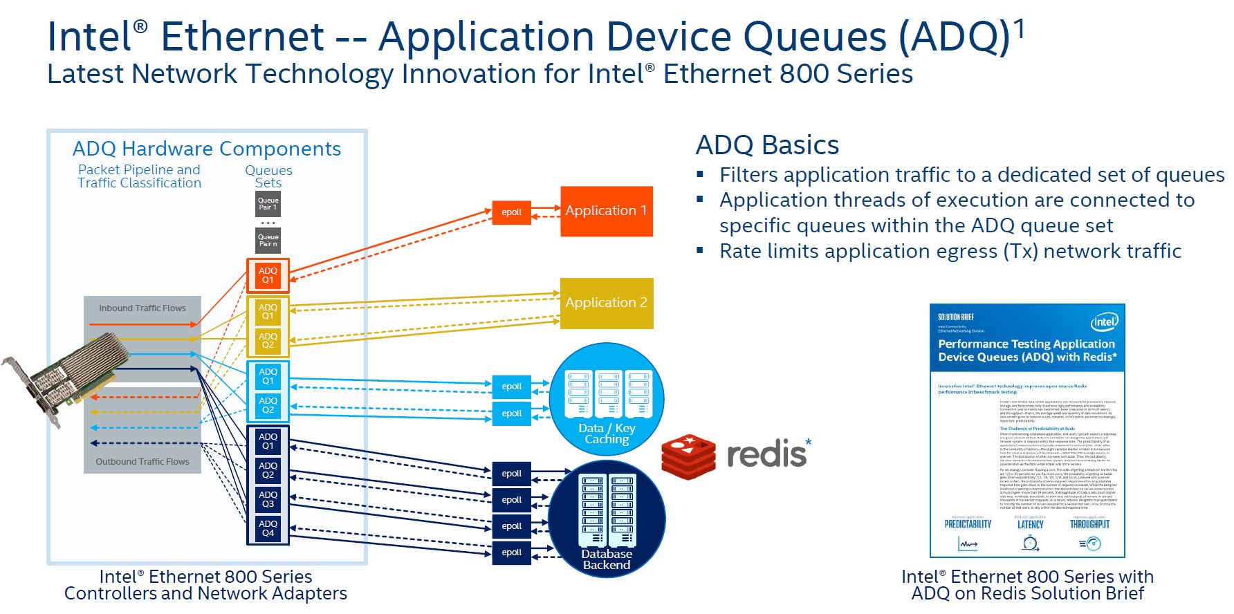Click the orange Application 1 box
(x=606, y=211)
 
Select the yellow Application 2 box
(x=606, y=303)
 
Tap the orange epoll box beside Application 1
(x=511, y=212)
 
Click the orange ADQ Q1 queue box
(x=268, y=275)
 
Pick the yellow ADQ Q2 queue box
(x=268, y=340)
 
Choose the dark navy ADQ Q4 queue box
(x=268, y=528)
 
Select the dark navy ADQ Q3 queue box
(x=268, y=499)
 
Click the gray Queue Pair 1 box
(x=268, y=204)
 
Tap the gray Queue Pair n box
(x=268, y=241)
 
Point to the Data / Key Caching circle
(x=607, y=399)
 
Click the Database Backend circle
(x=607, y=519)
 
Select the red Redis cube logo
(x=688, y=457)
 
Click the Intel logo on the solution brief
(x=1104, y=322)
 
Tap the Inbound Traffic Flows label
(x=142, y=308)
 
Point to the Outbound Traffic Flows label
(x=142, y=462)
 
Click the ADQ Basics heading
(x=767, y=145)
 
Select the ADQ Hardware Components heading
(x=206, y=149)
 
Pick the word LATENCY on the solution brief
(x=1030, y=525)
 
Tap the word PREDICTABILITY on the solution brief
(x=968, y=524)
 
